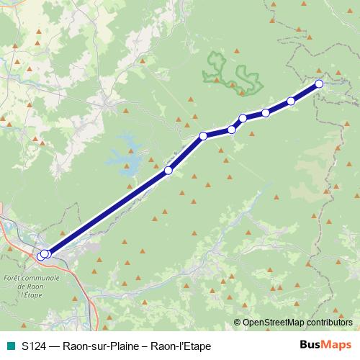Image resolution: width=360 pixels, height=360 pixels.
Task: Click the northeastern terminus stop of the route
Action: click(319, 84)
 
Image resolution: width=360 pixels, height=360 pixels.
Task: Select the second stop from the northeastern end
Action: click(292, 101)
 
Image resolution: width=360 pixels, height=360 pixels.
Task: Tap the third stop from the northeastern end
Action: click(266, 112)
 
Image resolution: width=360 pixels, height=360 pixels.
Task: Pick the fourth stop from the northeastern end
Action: click(243, 118)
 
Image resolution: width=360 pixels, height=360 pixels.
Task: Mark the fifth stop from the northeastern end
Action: click(232, 130)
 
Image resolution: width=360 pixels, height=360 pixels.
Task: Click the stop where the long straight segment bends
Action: click(203, 135)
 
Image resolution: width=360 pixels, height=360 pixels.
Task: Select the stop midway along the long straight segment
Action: click(168, 171)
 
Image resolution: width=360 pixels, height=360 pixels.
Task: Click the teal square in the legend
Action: click(9, 346)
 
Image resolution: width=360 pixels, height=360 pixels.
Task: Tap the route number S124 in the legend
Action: click(35, 346)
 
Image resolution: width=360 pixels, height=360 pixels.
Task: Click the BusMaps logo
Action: click(325, 345)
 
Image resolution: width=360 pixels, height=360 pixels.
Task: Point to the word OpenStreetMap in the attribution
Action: click(274, 322)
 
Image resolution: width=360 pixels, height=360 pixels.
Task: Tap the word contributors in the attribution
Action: click(330, 322)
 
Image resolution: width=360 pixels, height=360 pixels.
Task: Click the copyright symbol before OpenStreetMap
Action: click(237, 322)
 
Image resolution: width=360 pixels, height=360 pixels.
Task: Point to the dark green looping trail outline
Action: click(230, 73)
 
